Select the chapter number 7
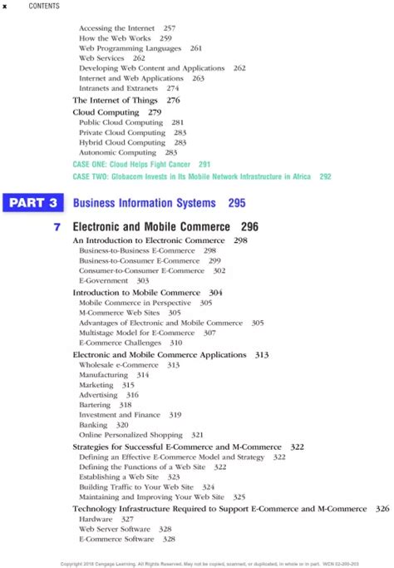pyautogui.click(x=57, y=226)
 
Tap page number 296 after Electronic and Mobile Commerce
pyautogui.click(x=249, y=226)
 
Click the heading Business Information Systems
pyautogui.click(x=144, y=203)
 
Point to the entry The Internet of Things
pyautogui.click(x=115, y=100)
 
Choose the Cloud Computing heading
pyautogui.click(x=106, y=111)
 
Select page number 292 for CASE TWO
pyautogui.click(x=325, y=176)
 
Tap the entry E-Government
pyautogui.click(x=101, y=281)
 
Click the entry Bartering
pyautogui.click(x=93, y=405)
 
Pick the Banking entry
pyautogui.click(x=92, y=425)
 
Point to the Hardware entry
pyautogui.click(x=96, y=519)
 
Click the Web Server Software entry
pyautogui.click(x=115, y=529)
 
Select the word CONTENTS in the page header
pyautogui.click(x=44, y=7)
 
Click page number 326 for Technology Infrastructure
pyautogui.click(x=382, y=508)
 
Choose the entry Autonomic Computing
pyautogui.click(x=117, y=152)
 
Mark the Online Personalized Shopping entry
pyautogui.click(x=131, y=435)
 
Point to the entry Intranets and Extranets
pyautogui.click(x=118, y=88)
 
